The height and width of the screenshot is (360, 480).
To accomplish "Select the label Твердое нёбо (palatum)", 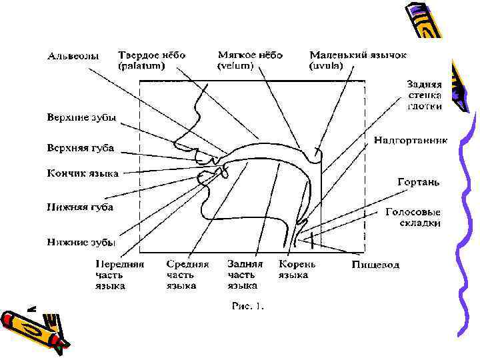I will click(x=151, y=61).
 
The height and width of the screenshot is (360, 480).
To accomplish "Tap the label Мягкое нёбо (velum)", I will click(x=250, y=61).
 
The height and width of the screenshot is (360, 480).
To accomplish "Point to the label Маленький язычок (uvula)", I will click(x=357, y=61).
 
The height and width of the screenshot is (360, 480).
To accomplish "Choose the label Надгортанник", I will click(x=410, y=141).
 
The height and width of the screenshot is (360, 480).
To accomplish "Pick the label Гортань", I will click(x=418, y=181).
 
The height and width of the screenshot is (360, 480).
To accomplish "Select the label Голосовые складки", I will click(x=413, y=217).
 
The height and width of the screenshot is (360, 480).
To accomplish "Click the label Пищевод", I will click(x=375, y=265).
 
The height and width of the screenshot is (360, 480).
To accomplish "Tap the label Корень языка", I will click(x=297, y=269).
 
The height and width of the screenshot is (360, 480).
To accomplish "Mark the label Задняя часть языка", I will click(x=245, y=274).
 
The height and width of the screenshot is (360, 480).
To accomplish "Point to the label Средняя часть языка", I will click(x=187, y=274).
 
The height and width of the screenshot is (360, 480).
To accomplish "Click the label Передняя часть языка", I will click(x=119, y=274).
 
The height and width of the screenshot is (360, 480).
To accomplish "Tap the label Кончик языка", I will click(x=82, y=173).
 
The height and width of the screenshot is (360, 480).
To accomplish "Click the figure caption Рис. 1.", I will click(x=247, y=307).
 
